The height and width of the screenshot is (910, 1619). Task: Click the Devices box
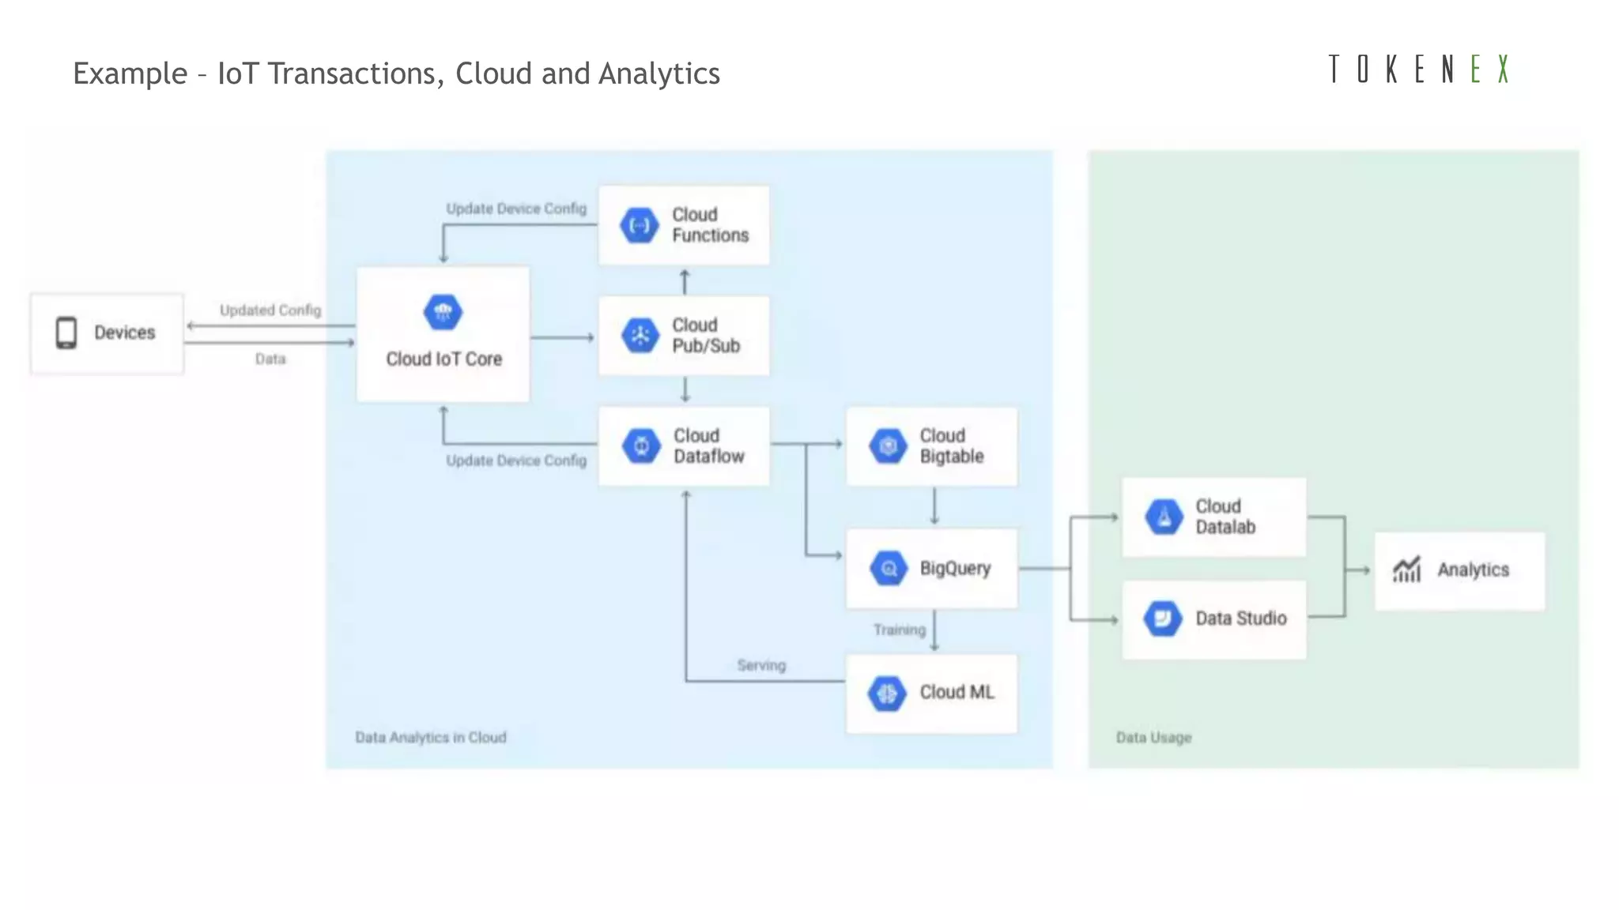tap(108, 333)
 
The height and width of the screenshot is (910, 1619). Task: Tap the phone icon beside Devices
tap(66, 333)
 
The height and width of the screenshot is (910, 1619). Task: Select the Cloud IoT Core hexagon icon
tap(443, 312)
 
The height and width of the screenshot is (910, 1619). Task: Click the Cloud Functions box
tap(684, 225)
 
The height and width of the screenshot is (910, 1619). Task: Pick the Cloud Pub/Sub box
tap(684, 336)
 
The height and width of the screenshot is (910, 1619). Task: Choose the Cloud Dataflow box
tap(684, 446)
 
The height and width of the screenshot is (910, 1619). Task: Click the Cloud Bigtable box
tap(931, 446)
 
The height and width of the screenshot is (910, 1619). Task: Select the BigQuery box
tap(931, 569)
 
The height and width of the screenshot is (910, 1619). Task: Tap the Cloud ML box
tap(931, 693)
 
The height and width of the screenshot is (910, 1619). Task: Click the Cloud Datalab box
tap(1213, 517)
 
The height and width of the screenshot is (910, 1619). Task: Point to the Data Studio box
tap(1213, 619)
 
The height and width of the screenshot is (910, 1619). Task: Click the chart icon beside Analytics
tap(1407, 570)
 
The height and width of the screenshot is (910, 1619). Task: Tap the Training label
tap(900, 630)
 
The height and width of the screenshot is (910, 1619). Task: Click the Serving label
tap(761, 665)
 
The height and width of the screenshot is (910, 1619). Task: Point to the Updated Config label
tap(270, 310)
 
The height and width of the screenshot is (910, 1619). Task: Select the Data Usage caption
tap(1153, 737)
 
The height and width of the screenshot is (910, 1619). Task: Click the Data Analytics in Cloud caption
tap(431, 737)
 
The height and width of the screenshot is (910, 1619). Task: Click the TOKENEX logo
tap(1419, 70)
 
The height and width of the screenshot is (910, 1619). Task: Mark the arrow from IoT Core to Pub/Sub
tap(562, 337)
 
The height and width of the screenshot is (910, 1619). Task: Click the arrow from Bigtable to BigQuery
tap(934, 506)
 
